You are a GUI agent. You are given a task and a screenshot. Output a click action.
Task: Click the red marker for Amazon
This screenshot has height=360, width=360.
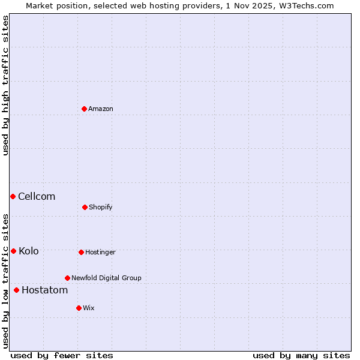[x=84, y=109]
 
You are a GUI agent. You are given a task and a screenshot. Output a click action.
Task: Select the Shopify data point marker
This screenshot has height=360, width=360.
[x=85, y=207]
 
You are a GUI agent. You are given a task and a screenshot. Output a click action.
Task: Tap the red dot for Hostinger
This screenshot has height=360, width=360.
[x=81, y=252]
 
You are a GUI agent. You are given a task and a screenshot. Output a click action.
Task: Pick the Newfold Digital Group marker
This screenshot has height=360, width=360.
[x=67, y=278]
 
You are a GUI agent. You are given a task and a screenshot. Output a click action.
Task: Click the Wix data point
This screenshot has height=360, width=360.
[x=79, y=308]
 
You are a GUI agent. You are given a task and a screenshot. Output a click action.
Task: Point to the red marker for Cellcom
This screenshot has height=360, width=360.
[x=13, y=196]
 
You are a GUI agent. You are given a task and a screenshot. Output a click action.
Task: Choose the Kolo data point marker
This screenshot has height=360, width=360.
[x=13, y=251]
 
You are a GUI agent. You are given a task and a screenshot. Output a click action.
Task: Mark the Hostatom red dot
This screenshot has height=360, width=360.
[x=16, y=290]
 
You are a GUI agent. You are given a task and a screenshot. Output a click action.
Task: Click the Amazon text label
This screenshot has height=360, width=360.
[x=101, y=109]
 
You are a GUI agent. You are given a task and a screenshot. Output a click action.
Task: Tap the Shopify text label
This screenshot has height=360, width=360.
[x=101, y=207]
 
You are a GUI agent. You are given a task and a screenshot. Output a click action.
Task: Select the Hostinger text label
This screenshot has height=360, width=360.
[x=100, y=252]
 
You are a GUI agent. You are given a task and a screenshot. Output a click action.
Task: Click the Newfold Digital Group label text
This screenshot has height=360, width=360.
[x=106, y=278]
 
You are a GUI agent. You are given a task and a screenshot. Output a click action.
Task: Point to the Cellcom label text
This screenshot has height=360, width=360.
[x=37, y=196]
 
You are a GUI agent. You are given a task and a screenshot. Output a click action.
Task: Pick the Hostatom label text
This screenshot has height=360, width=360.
[x=44, y=290]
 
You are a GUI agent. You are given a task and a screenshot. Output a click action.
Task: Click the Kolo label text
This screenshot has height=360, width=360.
[x=29, y=251]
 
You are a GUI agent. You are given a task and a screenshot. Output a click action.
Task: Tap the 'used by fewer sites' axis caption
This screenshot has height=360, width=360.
[x=62, y=355]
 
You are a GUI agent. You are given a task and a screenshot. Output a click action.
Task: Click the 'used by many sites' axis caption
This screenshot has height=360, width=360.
[x=301, y=355]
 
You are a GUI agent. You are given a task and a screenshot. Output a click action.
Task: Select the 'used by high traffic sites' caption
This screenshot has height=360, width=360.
[x=5, y=85]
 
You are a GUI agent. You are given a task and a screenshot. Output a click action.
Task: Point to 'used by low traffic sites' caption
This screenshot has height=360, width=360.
[x=5, y=281]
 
